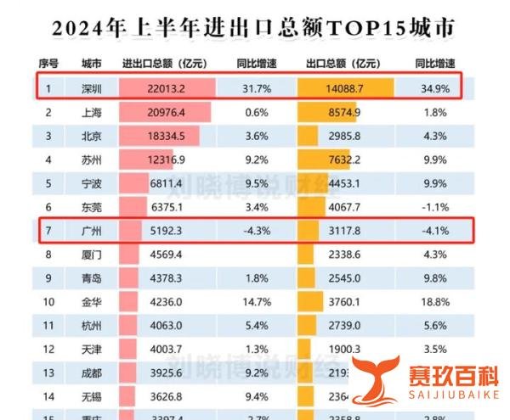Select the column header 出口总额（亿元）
[x=343, y=64]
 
